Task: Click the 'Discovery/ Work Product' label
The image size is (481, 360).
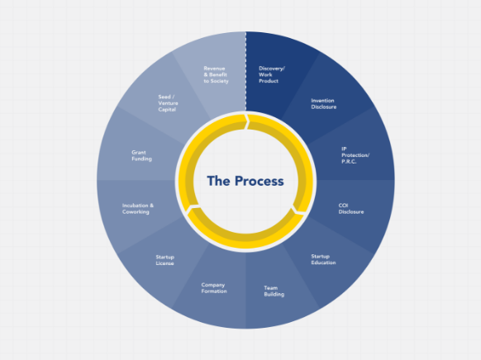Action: (272, 74)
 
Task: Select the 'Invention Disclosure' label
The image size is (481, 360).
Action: (324, 103)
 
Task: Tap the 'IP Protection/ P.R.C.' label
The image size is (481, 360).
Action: (355, 155)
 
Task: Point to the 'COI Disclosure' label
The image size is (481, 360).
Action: (351, 209)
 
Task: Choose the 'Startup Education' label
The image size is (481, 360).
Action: (323, 259)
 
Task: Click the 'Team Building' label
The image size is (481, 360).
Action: (274, 291)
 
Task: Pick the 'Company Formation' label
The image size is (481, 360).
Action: (214, 288)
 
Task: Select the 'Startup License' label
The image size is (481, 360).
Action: (164, 260)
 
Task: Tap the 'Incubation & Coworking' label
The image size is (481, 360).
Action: (138, 209)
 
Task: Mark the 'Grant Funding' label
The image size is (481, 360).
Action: (141, 156)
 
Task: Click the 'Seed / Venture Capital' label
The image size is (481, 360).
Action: (168, 103)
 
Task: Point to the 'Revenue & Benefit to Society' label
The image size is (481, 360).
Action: (216, 75)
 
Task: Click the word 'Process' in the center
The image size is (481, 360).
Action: (260, 181)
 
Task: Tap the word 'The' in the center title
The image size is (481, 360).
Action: (218, 181)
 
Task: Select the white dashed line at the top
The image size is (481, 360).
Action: (245, 71)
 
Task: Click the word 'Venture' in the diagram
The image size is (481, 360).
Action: (168, 103)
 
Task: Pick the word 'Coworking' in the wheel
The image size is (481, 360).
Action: (136, 212)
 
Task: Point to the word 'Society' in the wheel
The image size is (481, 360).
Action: (220, 81)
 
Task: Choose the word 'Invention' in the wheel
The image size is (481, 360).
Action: (322, 101)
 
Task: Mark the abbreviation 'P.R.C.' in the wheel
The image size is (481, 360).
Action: (349, 162)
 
